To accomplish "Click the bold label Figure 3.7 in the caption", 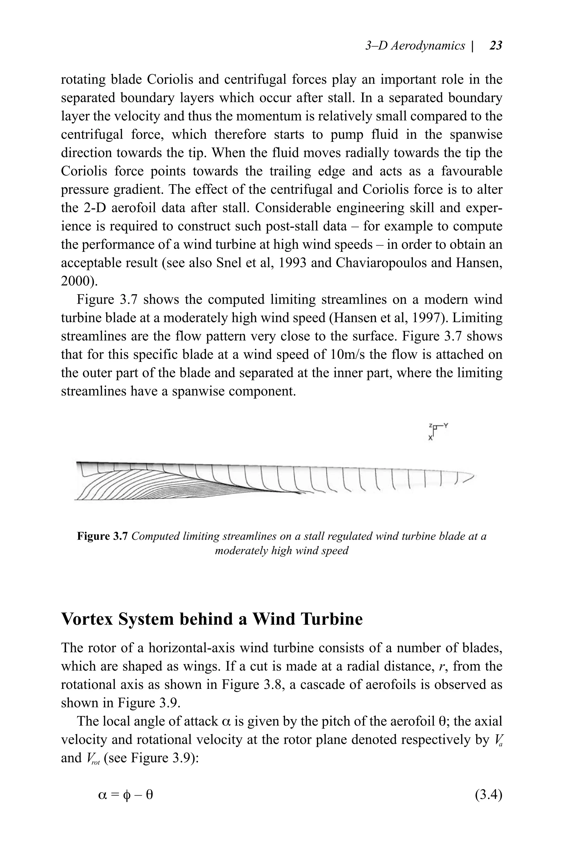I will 102,537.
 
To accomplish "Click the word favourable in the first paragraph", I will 472,171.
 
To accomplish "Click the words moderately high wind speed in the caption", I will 281,551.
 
